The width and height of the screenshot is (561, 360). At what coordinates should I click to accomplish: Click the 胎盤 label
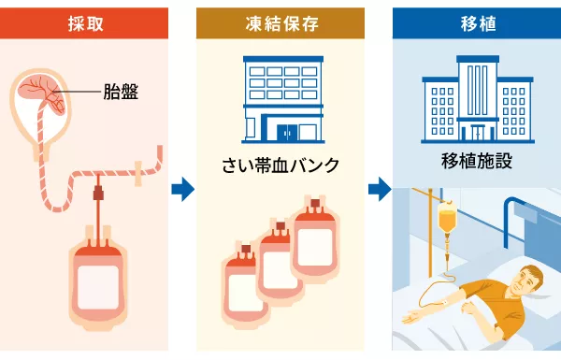(x=121, y=92)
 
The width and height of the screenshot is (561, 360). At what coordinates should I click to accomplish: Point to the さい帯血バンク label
(x=280, y=166)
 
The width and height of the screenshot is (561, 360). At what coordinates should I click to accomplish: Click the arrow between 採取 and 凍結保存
(x=182, y=191)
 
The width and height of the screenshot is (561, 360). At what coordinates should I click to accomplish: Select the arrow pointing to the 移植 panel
(x=378, y=191)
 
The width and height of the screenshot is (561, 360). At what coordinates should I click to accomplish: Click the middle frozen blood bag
(x=280, y=266)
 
